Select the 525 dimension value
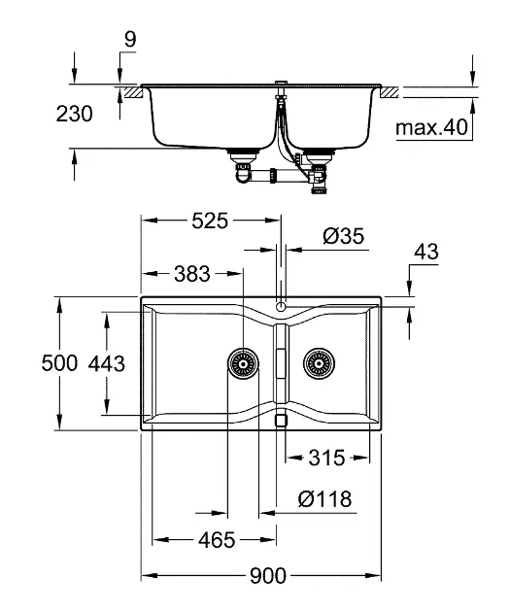(209, 221)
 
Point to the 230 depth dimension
(74, 115)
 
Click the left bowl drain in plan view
(243, 364)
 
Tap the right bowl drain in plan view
(317, 364)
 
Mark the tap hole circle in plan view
(281, 307)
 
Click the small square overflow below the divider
(281, 420)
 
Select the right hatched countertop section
(389, 91)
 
